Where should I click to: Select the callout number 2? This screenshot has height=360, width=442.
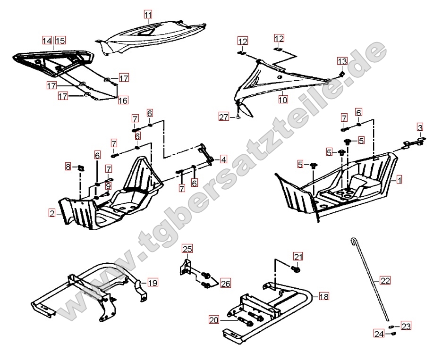coord(52,213)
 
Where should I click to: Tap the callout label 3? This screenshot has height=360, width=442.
coord(419,127)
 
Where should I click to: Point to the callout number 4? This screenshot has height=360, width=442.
coord(223,159)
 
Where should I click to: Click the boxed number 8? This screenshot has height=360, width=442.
coord(68,167)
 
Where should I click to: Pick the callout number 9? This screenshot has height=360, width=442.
coord(108,186)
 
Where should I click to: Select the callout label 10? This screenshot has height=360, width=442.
coord(282,100)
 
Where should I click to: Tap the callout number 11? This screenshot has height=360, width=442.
coord(148,16)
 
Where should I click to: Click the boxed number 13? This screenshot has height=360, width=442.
coord(342,61)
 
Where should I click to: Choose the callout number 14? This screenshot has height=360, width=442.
coord(47,41)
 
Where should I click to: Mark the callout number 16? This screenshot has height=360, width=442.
coord(123,100)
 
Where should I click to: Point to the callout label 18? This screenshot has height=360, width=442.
coord(323,296)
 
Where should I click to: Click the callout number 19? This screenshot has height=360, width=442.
coord(152,283)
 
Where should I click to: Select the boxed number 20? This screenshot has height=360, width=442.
coord(214,320)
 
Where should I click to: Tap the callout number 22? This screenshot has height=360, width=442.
coord(385,281)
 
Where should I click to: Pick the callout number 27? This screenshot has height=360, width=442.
coord(224,117)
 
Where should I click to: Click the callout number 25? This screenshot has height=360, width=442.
coord(187,249)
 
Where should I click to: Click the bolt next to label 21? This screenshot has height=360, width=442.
coord(296,270)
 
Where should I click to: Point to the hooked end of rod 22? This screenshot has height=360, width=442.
coord(353,242)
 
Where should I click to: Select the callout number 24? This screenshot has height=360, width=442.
coord(379,334)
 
